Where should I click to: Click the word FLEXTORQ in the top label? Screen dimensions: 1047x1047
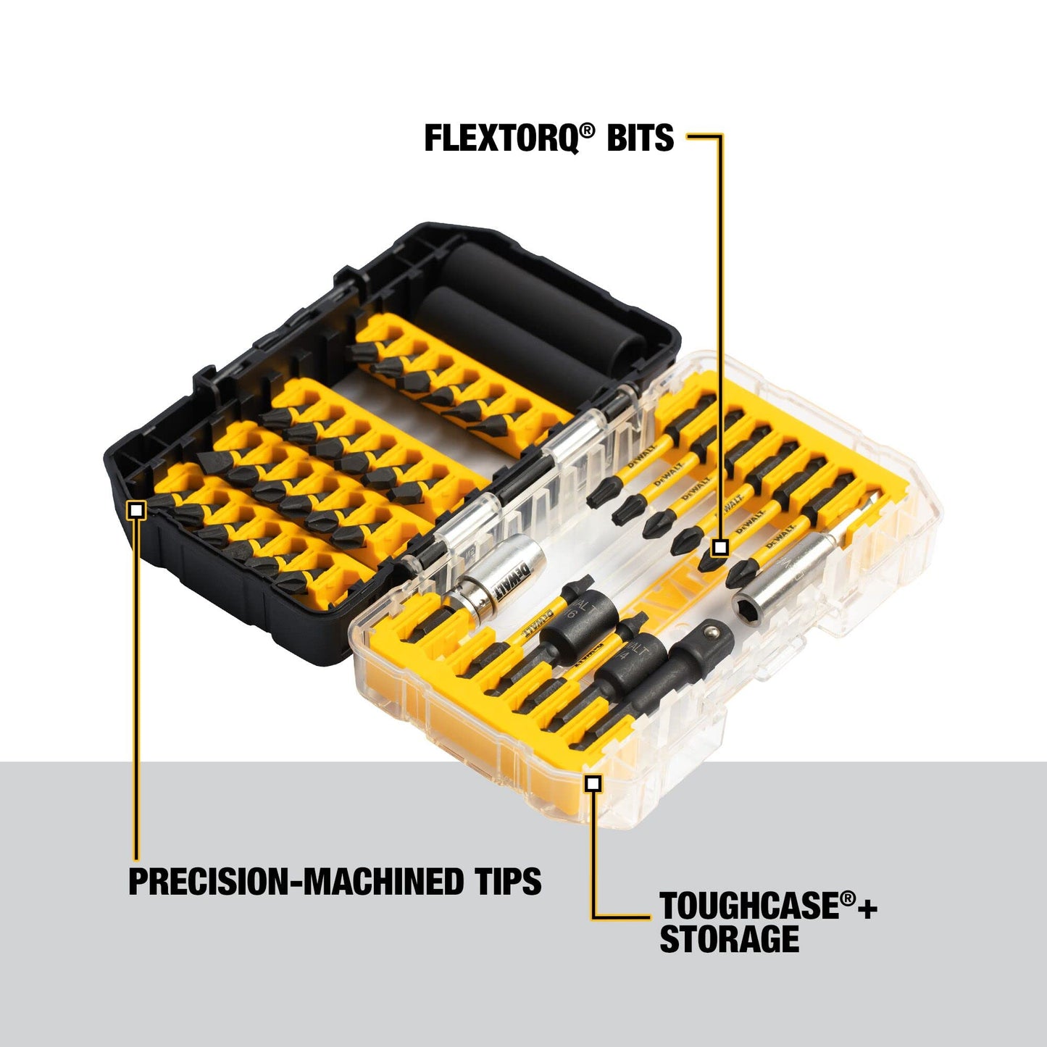pos(500,138)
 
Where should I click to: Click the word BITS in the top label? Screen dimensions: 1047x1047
pos(640,138)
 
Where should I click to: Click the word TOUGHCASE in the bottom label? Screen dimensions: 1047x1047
pos(749,907)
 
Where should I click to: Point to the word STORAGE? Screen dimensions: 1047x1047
pos(729,940)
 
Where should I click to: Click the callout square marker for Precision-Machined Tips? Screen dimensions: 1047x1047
pos(136,511)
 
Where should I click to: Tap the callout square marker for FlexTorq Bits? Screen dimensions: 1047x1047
pos(719,547)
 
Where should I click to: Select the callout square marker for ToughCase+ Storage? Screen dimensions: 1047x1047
pos(593,783)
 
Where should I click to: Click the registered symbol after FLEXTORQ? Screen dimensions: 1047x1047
pos(587,130)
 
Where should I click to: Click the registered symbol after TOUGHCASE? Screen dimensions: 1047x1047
pos(848,899)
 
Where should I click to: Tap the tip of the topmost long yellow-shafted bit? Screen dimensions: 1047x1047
pos(596,498)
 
